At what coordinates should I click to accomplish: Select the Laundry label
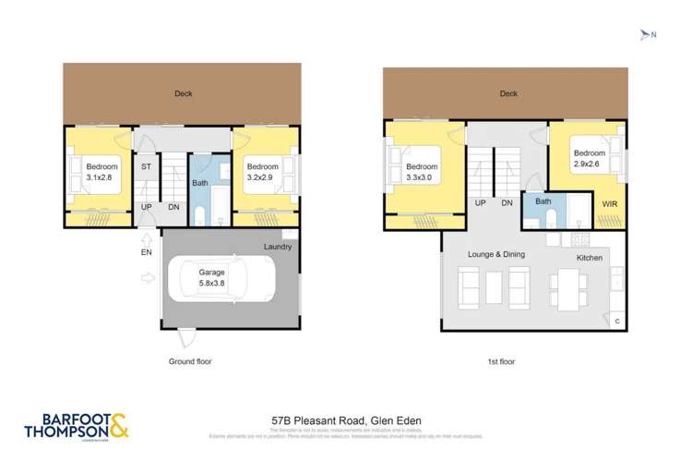tap(277, 247)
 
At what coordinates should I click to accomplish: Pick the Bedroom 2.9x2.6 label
tap(589, 158)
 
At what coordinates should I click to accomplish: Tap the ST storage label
tap(146, 167)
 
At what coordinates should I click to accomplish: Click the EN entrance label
tap(145, 251)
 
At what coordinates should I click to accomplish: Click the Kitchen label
tap(590, 258)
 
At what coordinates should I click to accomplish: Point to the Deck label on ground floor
tap(183, 93)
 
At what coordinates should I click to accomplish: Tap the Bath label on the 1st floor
tap(543, 201)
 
